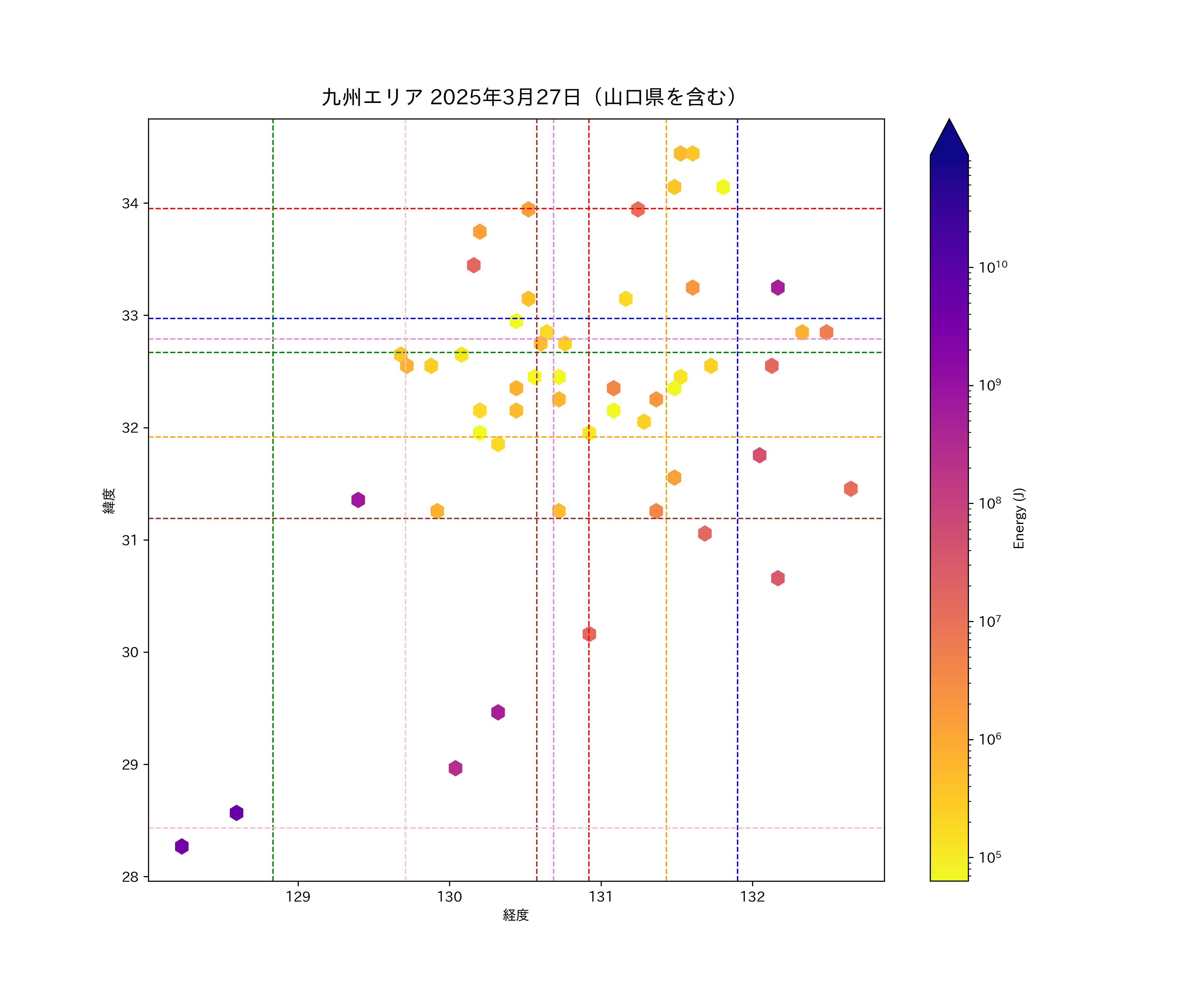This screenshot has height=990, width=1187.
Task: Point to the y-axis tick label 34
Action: (x=130, y=204)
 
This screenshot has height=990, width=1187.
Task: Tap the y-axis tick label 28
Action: (x=130, y=877)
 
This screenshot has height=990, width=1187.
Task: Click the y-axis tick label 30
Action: (x=130, y=653)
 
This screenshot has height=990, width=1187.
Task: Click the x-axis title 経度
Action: (x=515, y=915)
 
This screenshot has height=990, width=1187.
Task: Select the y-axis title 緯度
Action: (x=109, y=501)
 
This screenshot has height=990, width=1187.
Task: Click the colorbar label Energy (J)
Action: (x=1019, y=518)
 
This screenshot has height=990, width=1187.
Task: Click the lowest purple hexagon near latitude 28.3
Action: (x=181, y=846)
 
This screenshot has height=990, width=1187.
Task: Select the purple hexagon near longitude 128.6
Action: (x=236, y=813)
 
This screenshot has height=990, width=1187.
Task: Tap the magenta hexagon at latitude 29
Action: (x=456, y=768)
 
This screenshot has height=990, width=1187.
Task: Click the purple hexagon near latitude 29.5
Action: (x=498, y=712)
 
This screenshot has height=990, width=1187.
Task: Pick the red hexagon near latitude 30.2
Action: (x=589, y=634)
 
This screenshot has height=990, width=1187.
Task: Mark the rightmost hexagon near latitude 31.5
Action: (x=851, y=489)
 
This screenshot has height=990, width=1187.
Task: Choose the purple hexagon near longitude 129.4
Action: (x=358, y=500)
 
